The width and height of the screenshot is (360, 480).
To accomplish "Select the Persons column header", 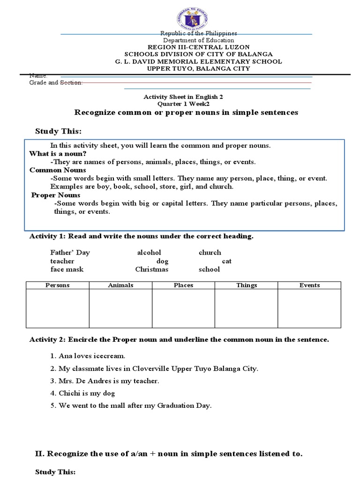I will pos(58,285).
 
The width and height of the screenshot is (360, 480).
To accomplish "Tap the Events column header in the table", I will pos(309,285).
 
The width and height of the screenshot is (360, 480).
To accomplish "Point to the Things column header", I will pos(247,285).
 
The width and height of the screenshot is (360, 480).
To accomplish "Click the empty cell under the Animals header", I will pos(120,308).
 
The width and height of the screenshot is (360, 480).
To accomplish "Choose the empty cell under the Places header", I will pos(183,308).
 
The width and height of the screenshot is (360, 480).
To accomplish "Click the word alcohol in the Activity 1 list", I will pos(149,252).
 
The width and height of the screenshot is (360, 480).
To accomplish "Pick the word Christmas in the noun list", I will pos(151,269).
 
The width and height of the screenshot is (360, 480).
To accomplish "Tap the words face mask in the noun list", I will pos(67,269).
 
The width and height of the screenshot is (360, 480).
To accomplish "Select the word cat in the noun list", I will pos(227,261).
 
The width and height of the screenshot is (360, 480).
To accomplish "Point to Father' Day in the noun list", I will pos(70,252).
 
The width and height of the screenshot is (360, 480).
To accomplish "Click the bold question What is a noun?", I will pos(58,153).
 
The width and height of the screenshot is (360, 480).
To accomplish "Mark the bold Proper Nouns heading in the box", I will pos(56,195).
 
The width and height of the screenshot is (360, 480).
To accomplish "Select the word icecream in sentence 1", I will pos(111,356).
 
